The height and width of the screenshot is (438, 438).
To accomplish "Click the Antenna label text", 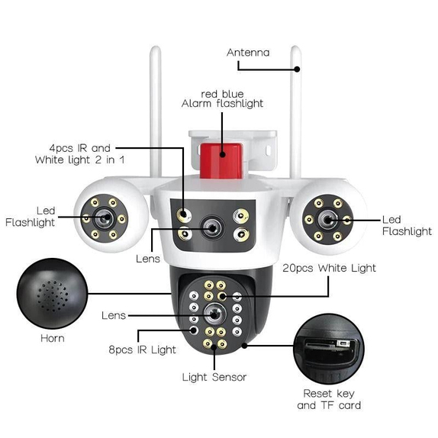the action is [248, 53].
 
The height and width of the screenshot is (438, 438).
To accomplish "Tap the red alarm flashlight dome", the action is [221, 160].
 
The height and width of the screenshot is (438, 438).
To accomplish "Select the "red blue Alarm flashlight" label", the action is [222, 99].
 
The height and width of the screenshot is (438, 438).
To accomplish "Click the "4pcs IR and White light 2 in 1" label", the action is [79, 154].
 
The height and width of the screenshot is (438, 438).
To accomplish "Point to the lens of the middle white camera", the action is [212, 228].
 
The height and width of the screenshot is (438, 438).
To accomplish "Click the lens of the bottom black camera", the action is [214, 314].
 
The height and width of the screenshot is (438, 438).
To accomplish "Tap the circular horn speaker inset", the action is [52, 293].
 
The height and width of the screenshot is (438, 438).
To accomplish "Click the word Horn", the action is [53, 338].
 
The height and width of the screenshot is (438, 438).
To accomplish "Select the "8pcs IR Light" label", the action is [142, 349].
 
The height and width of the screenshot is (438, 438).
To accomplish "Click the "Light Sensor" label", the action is [214, 377].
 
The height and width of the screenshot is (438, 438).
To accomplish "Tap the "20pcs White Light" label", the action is [329, 268].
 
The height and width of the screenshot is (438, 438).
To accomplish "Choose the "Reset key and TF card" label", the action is [329, 399].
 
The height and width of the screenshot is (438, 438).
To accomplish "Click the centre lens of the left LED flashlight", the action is [105, 218].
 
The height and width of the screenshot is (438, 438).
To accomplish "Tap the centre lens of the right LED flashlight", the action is [328, 220].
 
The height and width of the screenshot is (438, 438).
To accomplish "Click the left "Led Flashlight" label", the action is [31, 217].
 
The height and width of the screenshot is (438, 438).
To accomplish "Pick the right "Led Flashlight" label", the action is [407, 226].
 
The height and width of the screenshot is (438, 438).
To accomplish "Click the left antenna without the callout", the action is [156, 111].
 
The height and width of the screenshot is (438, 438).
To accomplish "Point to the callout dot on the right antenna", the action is [297, 69].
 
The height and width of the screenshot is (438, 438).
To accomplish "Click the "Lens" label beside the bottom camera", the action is [114, 316].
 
